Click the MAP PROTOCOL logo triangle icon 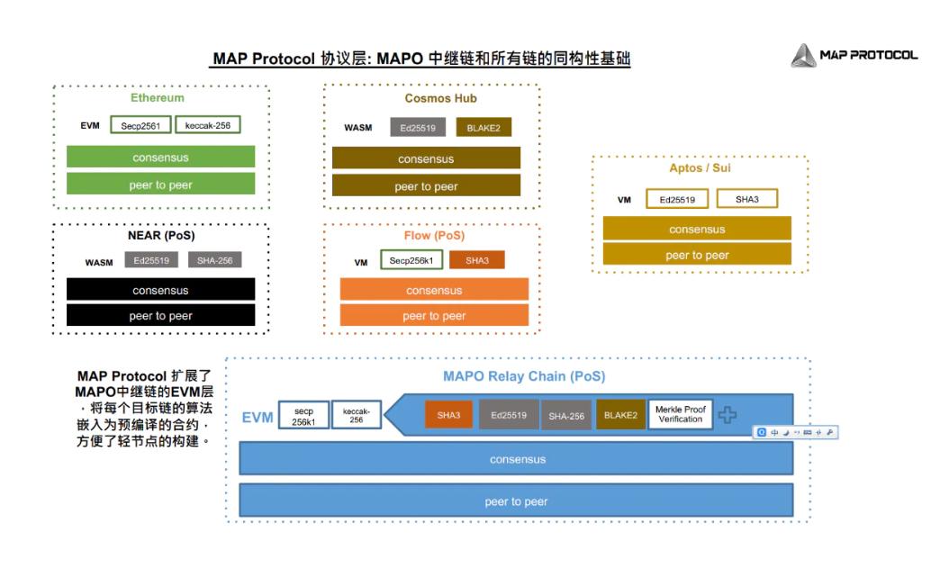tap(803, 56)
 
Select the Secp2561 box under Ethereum tap(140, 126)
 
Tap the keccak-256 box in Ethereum tap(208, 125)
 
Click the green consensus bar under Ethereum tap(160, 158)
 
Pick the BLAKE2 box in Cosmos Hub tap(484, 128)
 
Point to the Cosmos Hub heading tap(440, 98)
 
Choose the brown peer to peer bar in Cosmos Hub tap(426, 186)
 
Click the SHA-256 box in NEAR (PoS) tap(214, 260)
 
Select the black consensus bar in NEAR tap(160, 290)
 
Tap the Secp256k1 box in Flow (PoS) tap(411, 260)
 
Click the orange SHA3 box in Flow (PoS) tap(477, 260)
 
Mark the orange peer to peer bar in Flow tap(434, 316)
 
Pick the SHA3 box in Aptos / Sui tap(746, 199)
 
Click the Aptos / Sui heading tap(700, 168)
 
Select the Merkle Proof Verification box tap(680, 414)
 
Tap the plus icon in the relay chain tap(727, 415)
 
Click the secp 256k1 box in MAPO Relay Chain tap(303, 416)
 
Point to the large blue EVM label tap(258, 418)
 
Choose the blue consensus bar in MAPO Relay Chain tap(516, 459)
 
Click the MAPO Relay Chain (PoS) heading tap(523, 376)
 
